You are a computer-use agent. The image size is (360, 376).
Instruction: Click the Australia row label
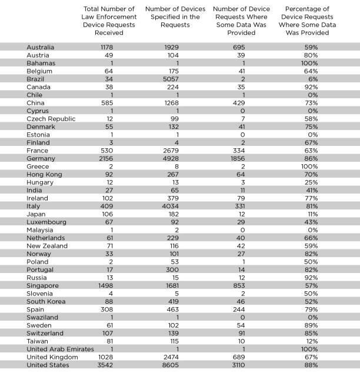[41, 46]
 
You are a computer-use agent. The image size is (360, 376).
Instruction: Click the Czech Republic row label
[51, 118]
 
